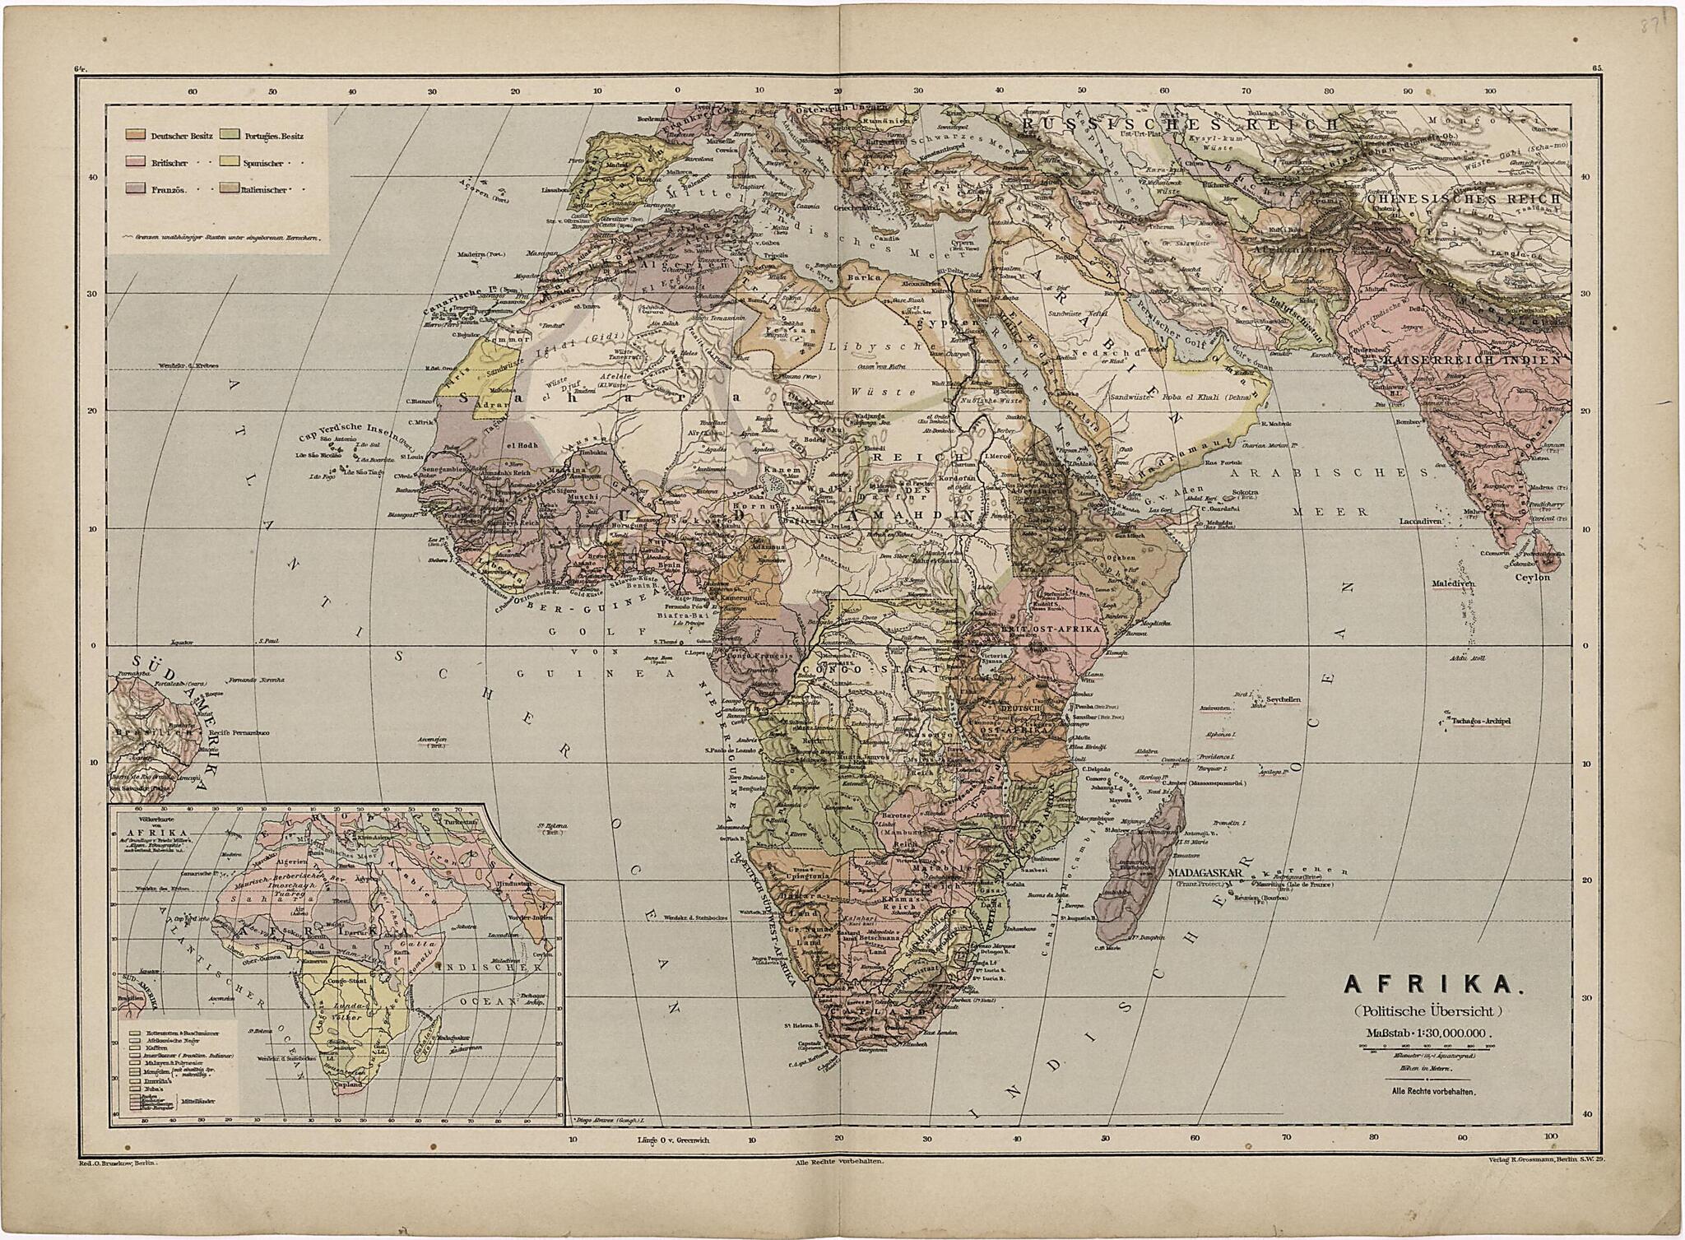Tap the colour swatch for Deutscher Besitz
point(137,135)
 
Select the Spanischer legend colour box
point(230,162)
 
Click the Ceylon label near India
point(1533,577)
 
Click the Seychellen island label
point(1283,699)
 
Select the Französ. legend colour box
point(137,189)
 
